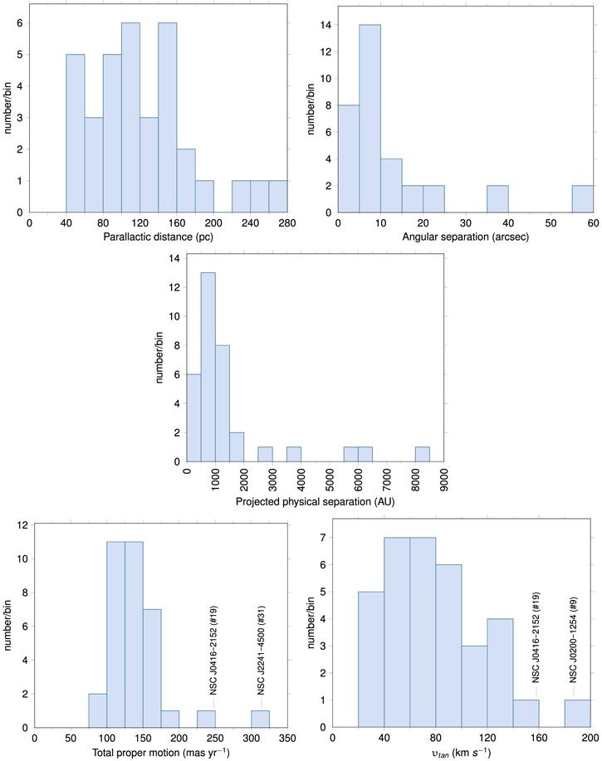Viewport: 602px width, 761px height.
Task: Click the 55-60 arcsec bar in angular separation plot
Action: click(x=583, y=199)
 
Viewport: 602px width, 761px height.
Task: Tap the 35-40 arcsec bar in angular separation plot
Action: click(x=497, y=199)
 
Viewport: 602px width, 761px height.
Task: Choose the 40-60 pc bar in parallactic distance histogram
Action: click(x=76, y=133)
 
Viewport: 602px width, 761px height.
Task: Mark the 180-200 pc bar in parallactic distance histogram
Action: click(x=204, y=197)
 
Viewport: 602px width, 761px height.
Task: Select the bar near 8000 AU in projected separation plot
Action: click(x=423, y=455)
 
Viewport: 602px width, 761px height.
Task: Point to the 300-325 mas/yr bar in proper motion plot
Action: click(x=261, y=719)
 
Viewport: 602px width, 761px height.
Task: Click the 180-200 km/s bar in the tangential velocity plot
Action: click(x=578, y=714)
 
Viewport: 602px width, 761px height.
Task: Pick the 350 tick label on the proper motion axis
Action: click(x=286, y=736)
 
